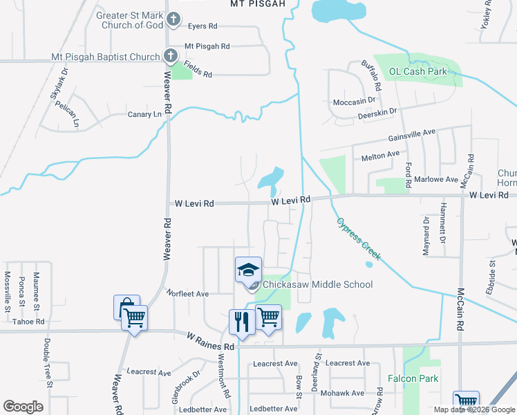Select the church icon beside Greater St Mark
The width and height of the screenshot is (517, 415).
click(x=174, y=20)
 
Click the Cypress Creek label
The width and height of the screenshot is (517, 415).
click(x=359, y=239)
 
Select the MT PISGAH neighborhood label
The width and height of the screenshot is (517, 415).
click(x=257, y=3)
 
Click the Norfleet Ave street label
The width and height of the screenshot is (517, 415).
click(x=187, y=294)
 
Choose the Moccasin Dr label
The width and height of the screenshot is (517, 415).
click(x=354, y=102)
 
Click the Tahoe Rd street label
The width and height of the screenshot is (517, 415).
click(x=28, y=322)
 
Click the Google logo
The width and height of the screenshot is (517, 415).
click(x=23, y=406)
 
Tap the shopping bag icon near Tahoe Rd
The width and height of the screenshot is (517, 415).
click(x=126, y=307)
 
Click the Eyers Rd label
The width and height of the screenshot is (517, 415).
click(x=202, y=26)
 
